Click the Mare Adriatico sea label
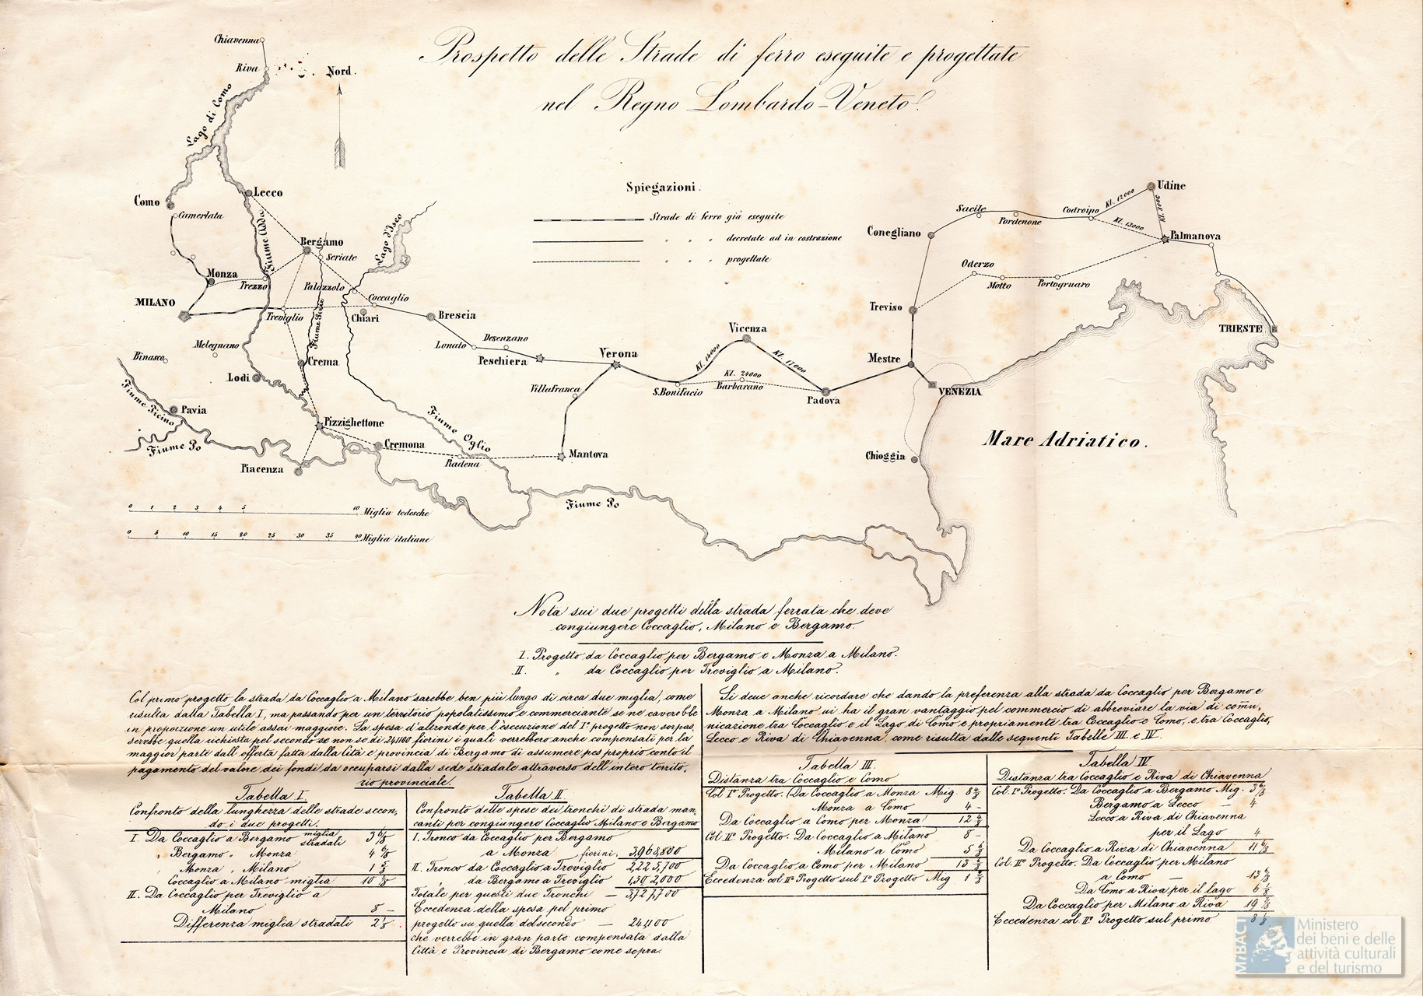[1065, 441]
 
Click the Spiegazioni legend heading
[664, 188]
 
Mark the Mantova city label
[588, 454]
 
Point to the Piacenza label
[266, 470]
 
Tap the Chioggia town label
[885, 457]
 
